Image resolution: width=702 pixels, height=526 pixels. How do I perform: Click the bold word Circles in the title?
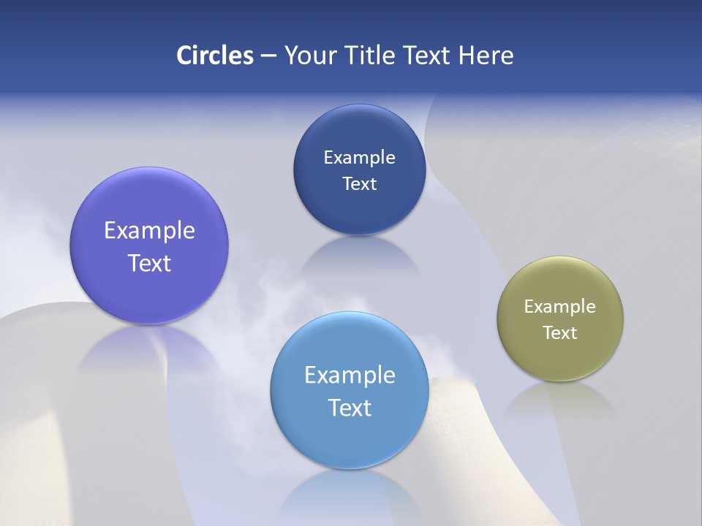(214, 56)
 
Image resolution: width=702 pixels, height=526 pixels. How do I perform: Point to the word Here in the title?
(486, 56)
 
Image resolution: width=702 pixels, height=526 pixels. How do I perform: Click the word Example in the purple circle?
(149, 231)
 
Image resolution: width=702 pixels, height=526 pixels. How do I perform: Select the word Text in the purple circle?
(149, 263)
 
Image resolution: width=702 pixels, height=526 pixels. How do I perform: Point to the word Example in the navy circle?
(359, 157)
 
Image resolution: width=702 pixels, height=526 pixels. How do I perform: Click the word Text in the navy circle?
(359, 183)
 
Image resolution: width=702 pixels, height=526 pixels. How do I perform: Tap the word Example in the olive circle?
(560, 307)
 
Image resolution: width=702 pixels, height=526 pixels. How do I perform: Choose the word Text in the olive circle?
(560, 333)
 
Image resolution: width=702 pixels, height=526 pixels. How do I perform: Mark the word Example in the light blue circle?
(350, 376)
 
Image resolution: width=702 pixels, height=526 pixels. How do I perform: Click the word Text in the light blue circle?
(350, 408)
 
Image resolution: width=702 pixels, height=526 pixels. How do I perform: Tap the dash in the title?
(268, 56)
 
